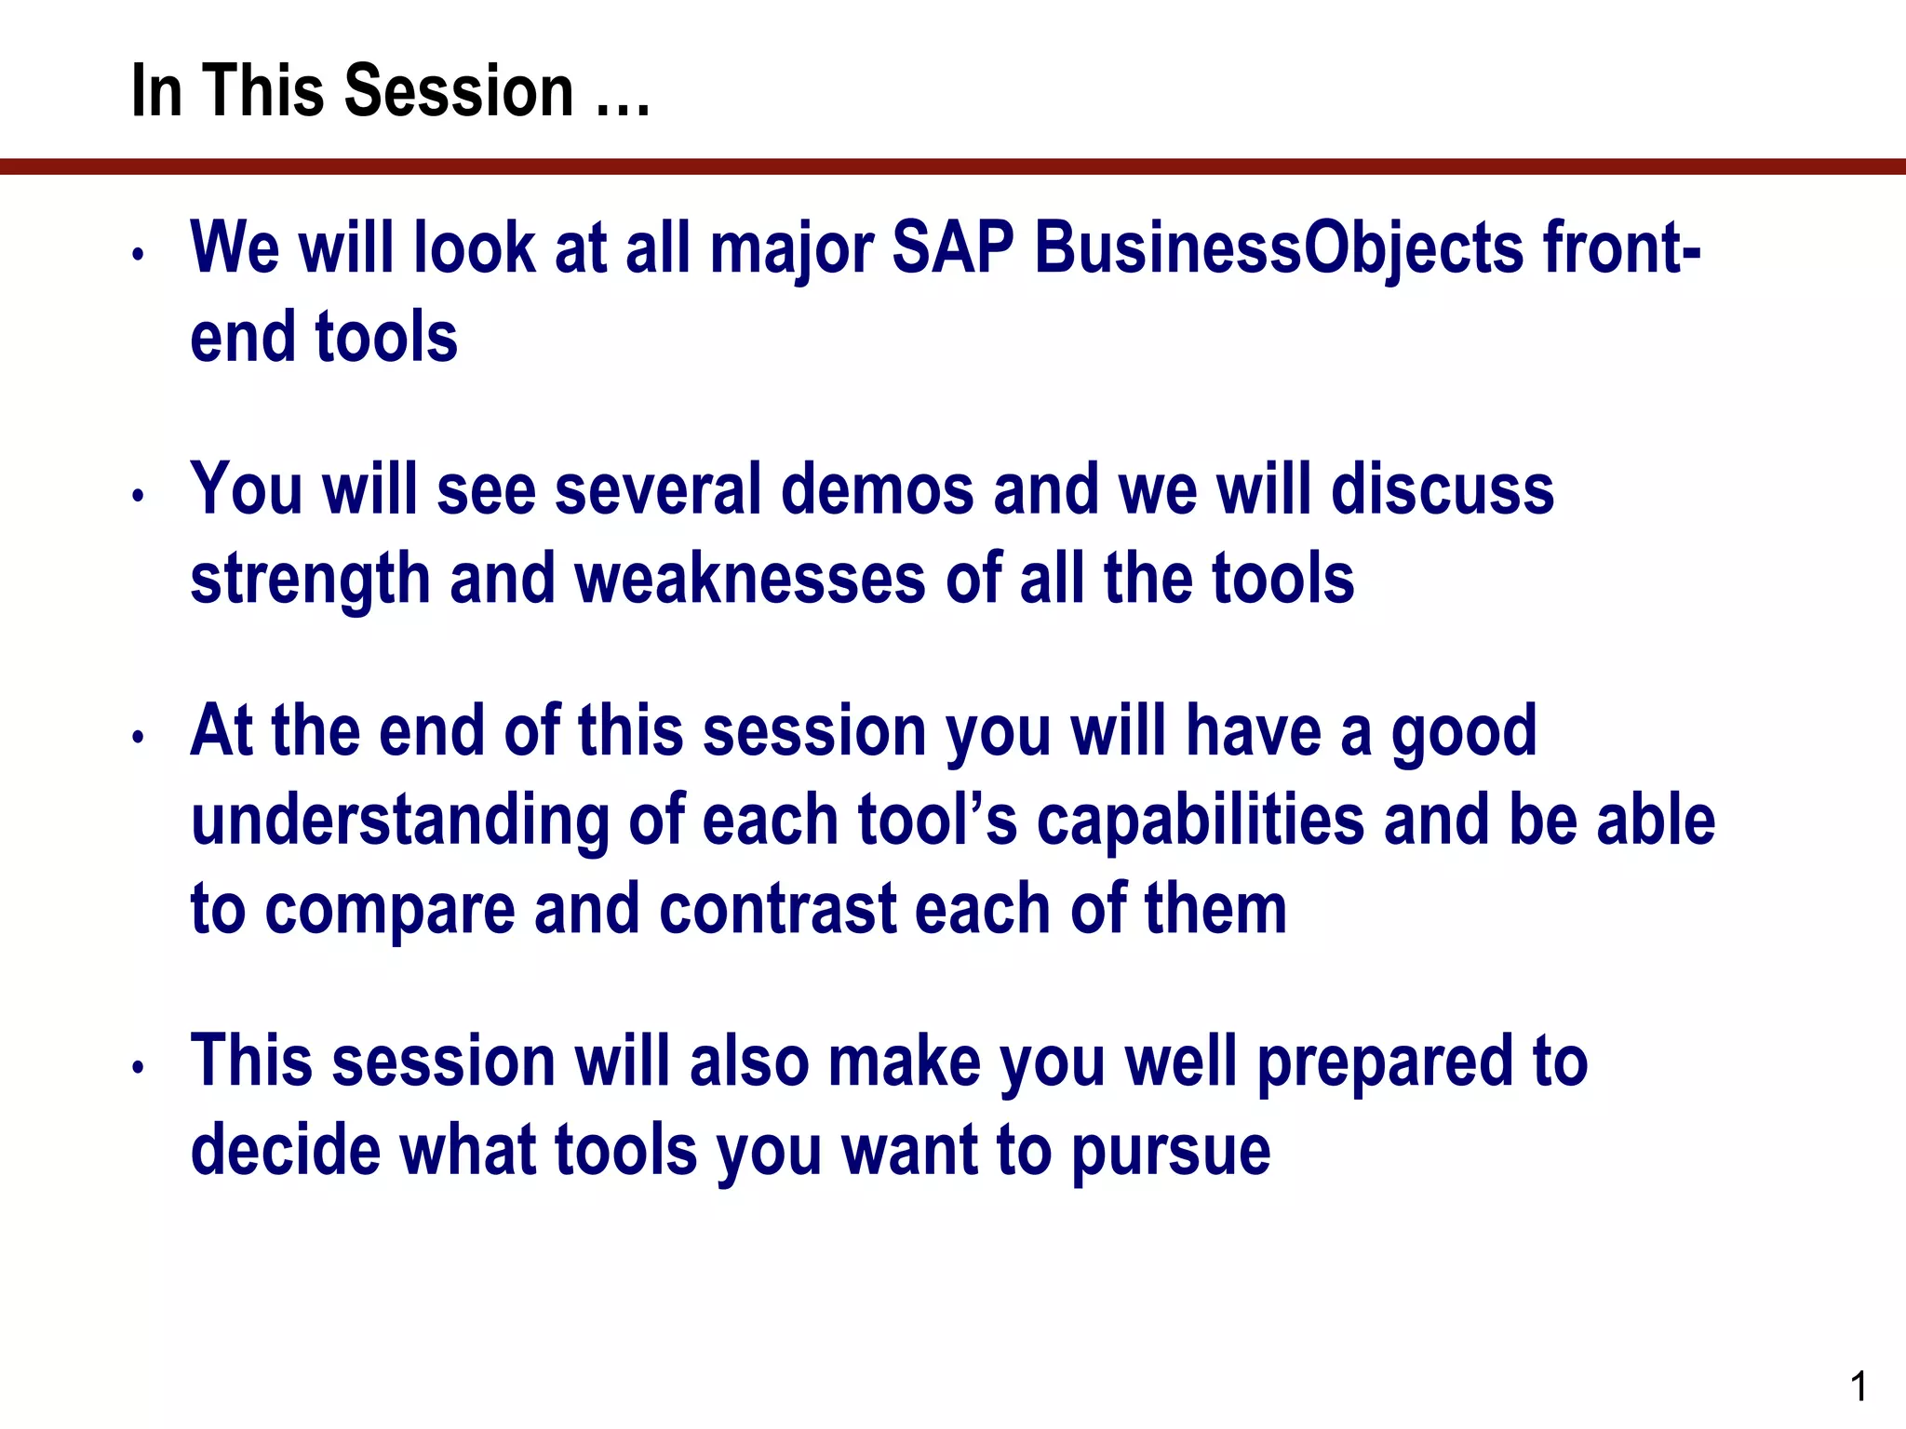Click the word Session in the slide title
(460, 91)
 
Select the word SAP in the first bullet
(953, 248)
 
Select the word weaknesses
(750, 579)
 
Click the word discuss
(1443, 489)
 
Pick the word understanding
(400, 821)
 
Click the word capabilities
(1201, 821)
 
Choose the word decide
(286, 1150)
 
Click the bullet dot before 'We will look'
(138, 254)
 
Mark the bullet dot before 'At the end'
(138, 737)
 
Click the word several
(658, 489)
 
